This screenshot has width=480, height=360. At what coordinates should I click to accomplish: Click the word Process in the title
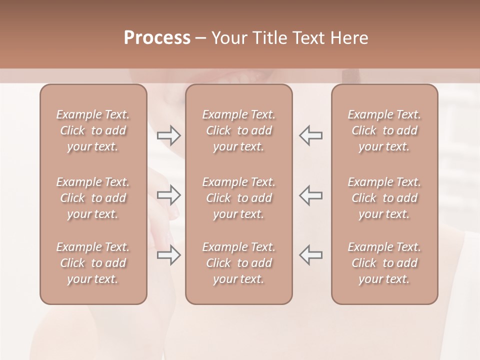pos(157,38)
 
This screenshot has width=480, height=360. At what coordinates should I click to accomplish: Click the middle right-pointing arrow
pos(168,195)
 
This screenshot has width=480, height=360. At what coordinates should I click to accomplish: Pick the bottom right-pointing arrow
pos(168,255)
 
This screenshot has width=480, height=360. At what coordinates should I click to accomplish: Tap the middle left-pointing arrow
pos(311,195)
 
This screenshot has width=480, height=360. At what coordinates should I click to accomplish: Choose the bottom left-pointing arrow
pos(311,255)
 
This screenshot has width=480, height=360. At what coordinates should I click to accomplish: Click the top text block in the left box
pos(93,130)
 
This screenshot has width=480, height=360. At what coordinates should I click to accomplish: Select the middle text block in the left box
pos(93,198)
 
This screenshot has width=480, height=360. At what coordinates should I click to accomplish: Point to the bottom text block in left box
pos(93,263)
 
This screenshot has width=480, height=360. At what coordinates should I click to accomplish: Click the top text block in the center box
pos(239,130)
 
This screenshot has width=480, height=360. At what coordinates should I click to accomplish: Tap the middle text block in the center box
pos(239,198)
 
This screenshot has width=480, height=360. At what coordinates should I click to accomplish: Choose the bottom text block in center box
pos(239,263)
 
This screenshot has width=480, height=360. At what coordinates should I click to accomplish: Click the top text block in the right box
pos(384,130)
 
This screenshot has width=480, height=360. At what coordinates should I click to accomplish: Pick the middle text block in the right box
pos(384,198)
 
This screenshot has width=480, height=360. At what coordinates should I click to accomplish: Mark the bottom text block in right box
pos(384,263)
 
